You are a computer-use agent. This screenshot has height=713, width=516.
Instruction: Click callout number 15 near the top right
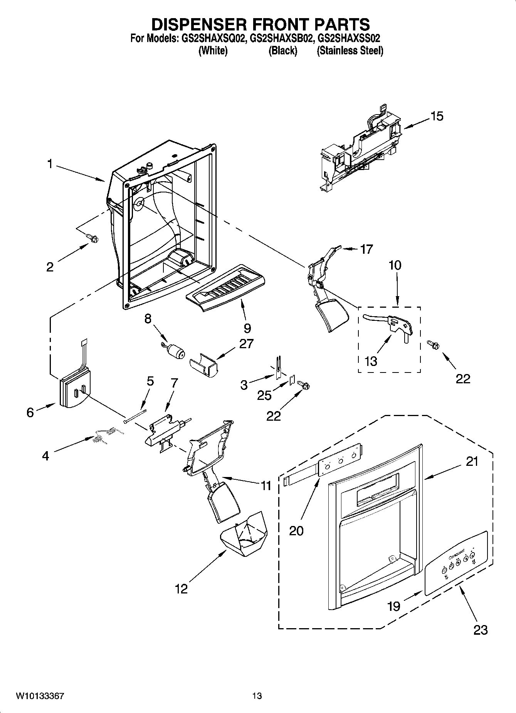(437, 116)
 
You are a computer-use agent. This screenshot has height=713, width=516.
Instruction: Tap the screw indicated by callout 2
(92, 239)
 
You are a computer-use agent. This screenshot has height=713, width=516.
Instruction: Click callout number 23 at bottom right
(481, 630)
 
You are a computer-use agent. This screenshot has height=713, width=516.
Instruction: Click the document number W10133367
(40, 696)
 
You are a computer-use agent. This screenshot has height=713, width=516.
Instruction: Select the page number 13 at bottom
(257, 696)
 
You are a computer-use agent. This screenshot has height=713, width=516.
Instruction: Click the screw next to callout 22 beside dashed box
(433, 345)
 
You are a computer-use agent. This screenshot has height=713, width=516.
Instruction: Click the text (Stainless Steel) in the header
(350, 51)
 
